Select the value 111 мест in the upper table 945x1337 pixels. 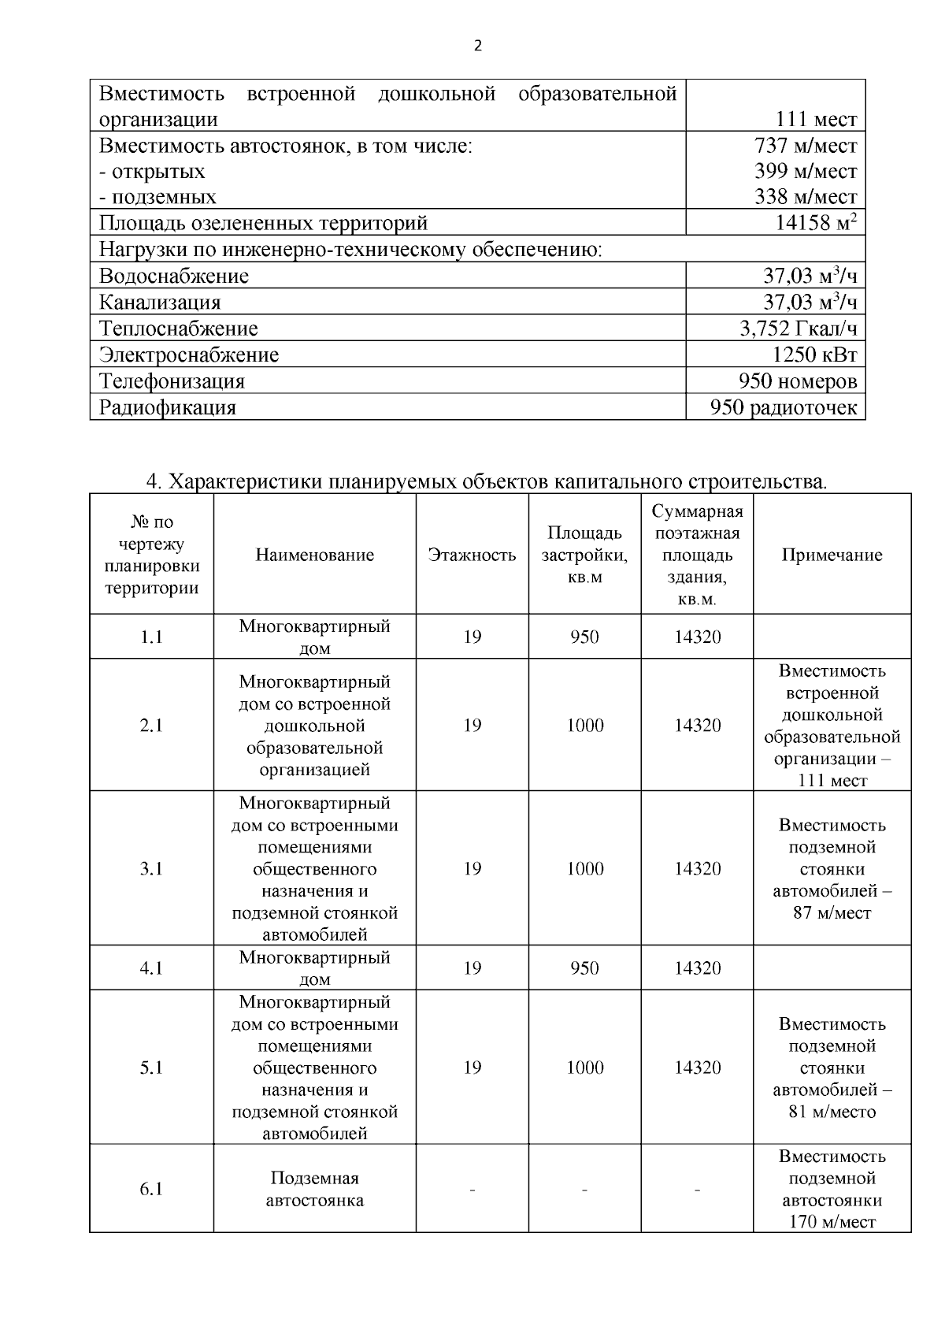[816, 120]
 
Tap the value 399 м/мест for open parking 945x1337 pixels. [806, 171]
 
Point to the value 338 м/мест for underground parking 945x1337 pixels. [806, 197]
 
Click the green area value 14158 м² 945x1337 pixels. [816, 223]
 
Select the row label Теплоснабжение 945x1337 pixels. [179, 329]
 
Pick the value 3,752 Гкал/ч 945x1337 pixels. [798, 329]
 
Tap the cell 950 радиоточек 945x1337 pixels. [783, 408]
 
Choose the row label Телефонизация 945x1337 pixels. [172, 381]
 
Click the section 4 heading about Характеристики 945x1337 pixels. [487, 481]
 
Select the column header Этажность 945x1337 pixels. [472, 555]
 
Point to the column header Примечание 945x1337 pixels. [832, 555]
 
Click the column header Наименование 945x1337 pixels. [314, 555]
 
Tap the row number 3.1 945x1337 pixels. [151, 868]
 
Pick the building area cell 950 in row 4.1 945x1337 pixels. [584, 967]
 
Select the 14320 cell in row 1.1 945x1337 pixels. [697, 637]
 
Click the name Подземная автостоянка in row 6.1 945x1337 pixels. [314, 1189]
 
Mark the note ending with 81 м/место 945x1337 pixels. [832, 1068]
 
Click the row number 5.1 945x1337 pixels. [151, 1068]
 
